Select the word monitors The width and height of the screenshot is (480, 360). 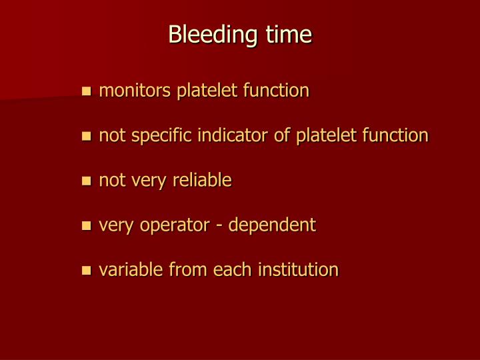pyautogui.click(x=135, y=90)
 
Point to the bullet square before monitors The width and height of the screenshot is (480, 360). pyautogui.click(x=85, y=91)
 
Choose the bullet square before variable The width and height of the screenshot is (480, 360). pyautogui.click(x=85, y=271)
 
